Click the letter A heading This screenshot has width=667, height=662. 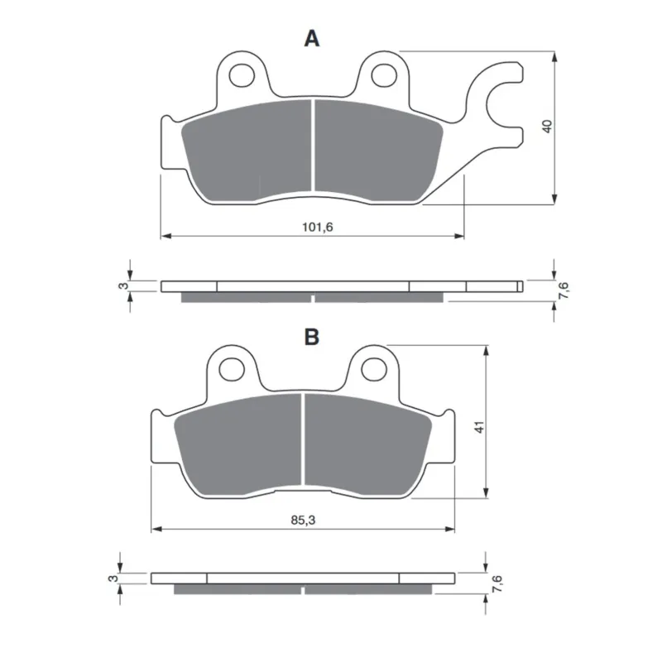pos(311,39)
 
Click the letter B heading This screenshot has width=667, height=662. pos(312,337)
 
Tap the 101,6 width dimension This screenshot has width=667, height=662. pos(317,228)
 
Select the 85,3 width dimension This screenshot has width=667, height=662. pos(304,520)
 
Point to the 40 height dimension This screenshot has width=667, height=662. pos(548,127)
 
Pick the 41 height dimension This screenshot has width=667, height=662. pos(479,427)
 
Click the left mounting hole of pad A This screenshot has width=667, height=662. pos(242,76)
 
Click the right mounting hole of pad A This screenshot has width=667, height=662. pos(384,76)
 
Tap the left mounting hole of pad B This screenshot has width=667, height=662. pos(232,369)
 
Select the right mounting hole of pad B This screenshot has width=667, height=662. pos(374,369)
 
